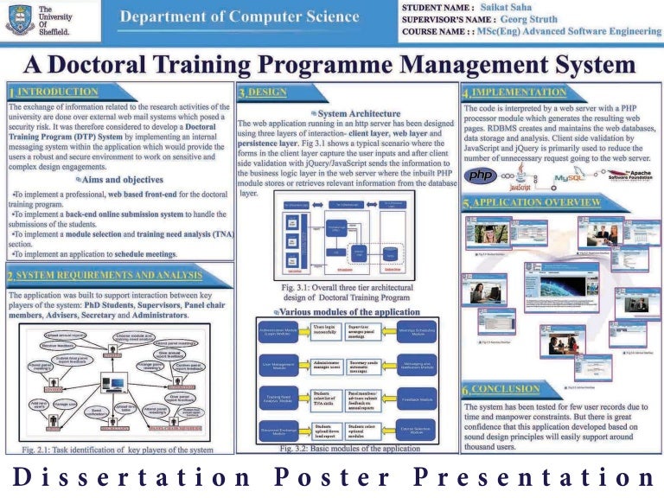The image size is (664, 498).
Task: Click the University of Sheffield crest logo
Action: click(18, 19)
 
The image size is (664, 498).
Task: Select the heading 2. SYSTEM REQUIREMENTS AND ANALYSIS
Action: click(104, 277)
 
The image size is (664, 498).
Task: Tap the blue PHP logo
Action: click(482, 176)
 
